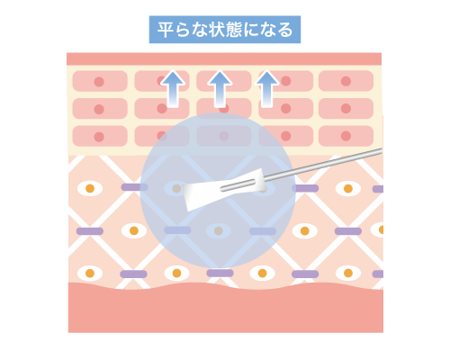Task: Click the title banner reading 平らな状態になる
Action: pyautogui.click(x=225, y=30)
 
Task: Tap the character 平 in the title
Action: pyautogui.click(x=165, y=30)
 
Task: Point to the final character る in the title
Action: pyautogui.click(x=285, y=30)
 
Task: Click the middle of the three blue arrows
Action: pyautogui.click(x=220, y=89)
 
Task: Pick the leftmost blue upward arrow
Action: pyautogui.click(x=173, y=89)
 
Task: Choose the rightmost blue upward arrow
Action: pyautogui.click(x=267, y=89)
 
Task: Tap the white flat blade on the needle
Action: pyautogui.click(x=223, y=190)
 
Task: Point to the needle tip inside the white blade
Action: pyautogui.click(x=221, y=189)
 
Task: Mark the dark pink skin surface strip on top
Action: pyautogui.click(x=224, y=58)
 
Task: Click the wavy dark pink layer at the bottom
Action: pyautogui.click(x=226, y=309)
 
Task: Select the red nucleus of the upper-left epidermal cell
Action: pyautogui.click(x=99, y=82)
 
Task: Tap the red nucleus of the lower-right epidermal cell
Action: pyautogui.click(x=346, y=136)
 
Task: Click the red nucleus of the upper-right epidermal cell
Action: pyautogui.click(x=346, y=81)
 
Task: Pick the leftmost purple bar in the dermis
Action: pyautogui.click(x=90, y=231)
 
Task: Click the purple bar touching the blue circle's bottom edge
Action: pyautogui.click(x=220, y=273)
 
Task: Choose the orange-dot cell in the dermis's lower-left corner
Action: pyautogui.click(x=90, y=274)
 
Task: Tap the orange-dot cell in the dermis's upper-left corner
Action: pyautogui.click(x=90, y=188)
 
